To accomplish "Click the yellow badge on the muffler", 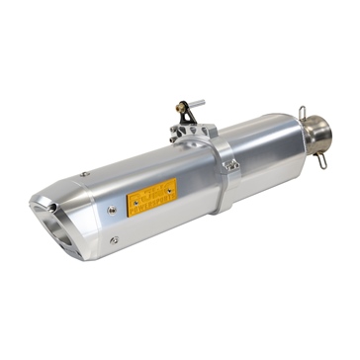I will pos(152,198).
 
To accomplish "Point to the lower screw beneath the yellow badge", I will pos(115,240).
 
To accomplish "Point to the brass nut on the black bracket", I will pos(181,105).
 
